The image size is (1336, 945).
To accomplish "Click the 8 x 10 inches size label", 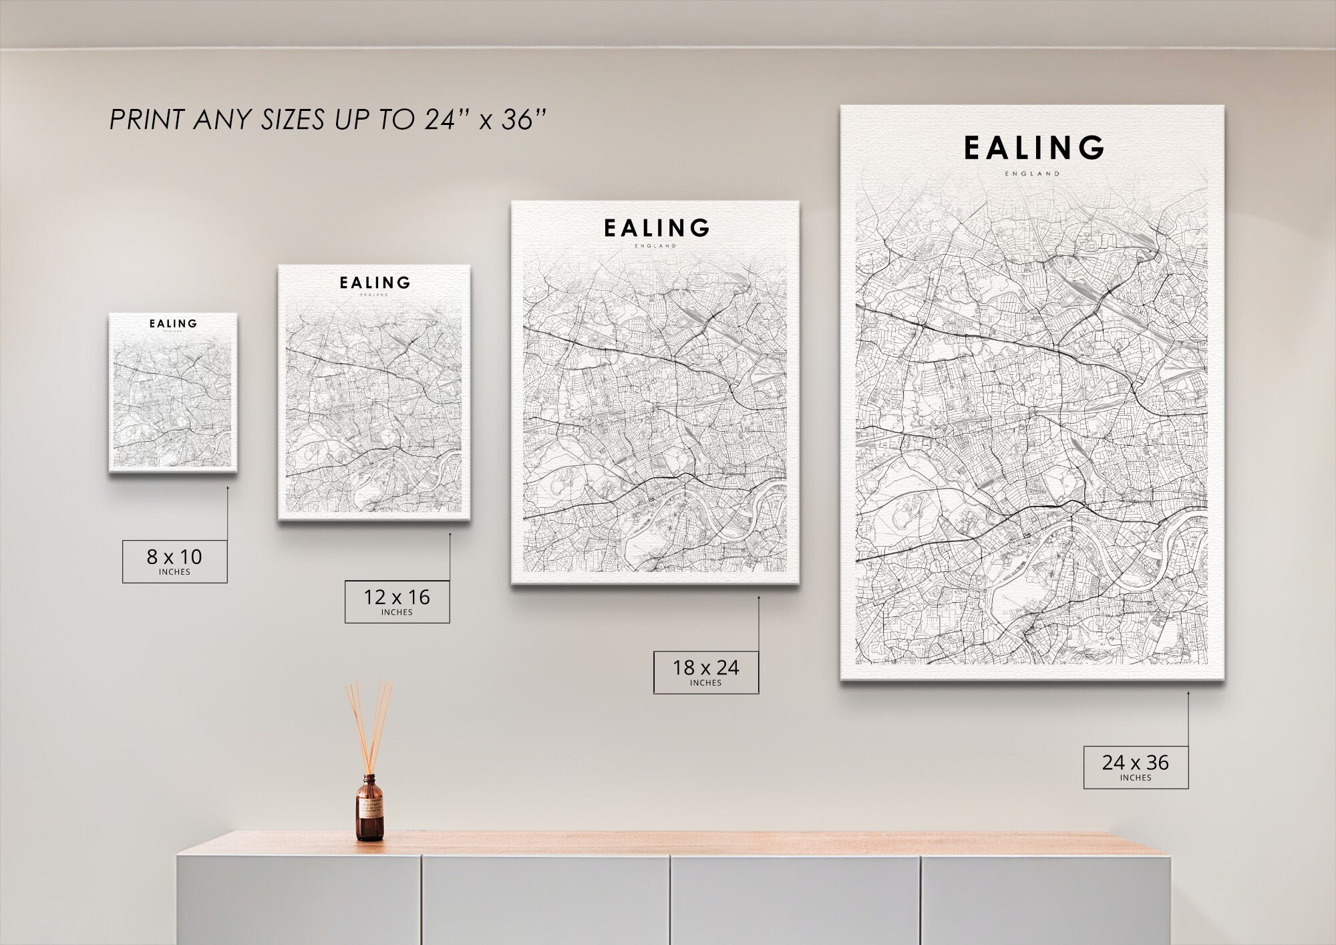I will tap(174, 561).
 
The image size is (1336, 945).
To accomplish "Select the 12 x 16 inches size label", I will tap(397, 601).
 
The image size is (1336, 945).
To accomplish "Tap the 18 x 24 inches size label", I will tap(705, 672).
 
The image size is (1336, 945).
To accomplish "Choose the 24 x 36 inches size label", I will tap(1136, 767).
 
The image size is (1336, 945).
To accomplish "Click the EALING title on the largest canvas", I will tap(1033, 148).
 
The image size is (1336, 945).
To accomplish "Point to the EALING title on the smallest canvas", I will tap(173, 323).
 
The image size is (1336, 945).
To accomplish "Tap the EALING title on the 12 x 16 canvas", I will tap(374, 283).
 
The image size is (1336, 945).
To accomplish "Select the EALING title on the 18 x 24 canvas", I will tap(656, 229).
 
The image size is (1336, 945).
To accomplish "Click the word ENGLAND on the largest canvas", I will tap(1032, 174).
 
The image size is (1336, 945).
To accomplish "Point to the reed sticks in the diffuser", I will tap(369, 725).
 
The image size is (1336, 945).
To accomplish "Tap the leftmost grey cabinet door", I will tap(299, 899).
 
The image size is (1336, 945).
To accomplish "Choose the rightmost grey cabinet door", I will tap(1045, 899).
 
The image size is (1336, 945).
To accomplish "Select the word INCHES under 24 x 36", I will tap(1136, 778).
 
